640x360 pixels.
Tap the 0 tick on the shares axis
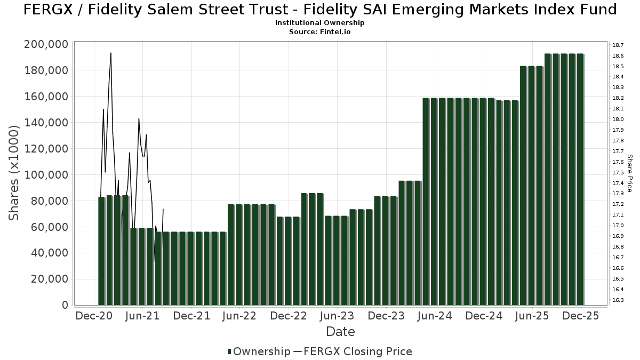(65, 306)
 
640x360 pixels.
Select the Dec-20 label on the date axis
(93, 316)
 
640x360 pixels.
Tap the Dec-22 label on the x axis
(288, 316)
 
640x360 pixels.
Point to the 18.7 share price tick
(619, 45)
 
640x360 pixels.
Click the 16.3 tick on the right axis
(619, 300)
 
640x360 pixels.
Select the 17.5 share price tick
(619, 172)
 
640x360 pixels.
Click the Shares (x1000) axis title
(14, 173)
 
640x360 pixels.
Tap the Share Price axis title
(630, 173)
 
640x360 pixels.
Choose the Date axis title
(340, 332)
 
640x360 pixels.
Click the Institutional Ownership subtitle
(319, 23)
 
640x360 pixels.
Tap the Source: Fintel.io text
(319, 32)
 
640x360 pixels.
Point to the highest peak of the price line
(110, 53)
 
